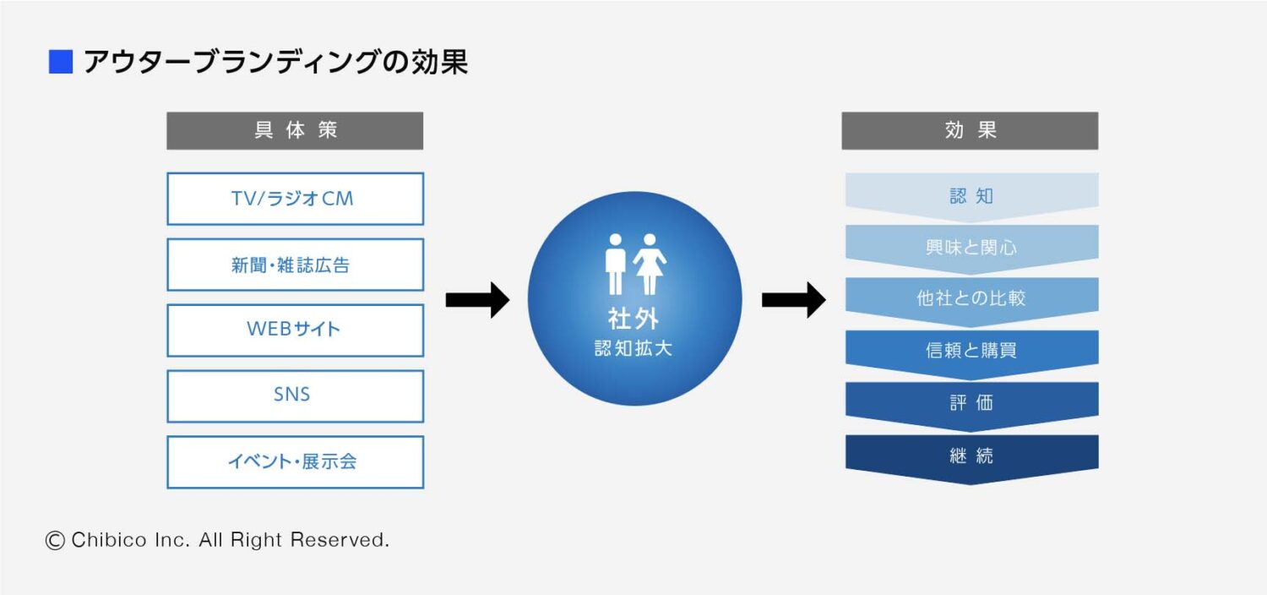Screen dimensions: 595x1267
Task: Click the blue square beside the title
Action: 61,63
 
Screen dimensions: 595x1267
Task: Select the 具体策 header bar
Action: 295,131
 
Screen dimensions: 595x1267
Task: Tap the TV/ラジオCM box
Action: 295,199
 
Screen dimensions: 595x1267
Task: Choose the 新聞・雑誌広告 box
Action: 295,265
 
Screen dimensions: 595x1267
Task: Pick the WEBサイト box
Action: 295,330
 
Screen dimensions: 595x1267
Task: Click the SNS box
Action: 295,396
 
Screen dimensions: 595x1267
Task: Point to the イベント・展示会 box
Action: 295,461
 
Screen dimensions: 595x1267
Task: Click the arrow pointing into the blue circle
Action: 477,299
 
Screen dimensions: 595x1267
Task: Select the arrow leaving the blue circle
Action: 793,299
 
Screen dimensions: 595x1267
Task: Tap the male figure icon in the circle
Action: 615,264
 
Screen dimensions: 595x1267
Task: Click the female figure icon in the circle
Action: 650,264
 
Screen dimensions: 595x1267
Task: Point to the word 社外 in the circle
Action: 633,318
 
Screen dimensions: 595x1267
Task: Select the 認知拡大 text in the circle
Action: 633,348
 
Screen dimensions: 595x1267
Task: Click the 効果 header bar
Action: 970,131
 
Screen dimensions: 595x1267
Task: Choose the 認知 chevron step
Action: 971,196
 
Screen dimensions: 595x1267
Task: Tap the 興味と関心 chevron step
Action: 971,247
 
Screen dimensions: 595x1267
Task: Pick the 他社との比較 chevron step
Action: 971,298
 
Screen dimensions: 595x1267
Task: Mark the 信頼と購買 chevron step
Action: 971,351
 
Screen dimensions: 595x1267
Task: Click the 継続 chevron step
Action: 971,456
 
